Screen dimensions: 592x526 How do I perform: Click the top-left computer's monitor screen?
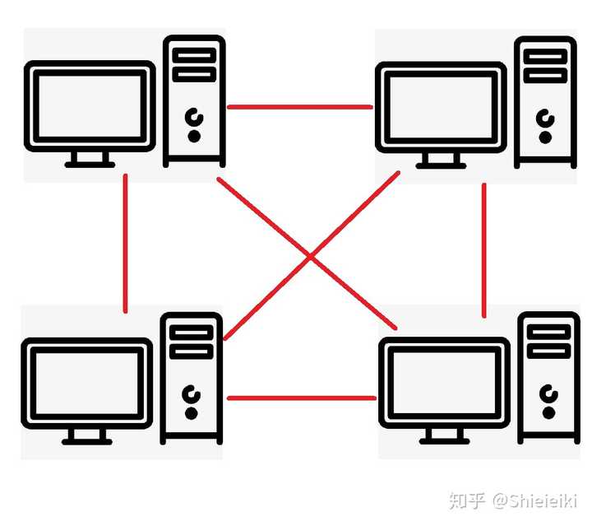[90, 106]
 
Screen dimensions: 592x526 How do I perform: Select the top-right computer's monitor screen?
[441, 107]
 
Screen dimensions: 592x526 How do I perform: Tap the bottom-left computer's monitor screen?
[87, 383]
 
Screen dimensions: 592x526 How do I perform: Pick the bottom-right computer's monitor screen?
[444, 383]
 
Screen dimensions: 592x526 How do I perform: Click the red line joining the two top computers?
[300, 107]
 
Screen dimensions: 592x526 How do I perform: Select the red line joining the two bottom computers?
[302, 398]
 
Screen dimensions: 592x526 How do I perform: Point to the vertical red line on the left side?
[125, 244]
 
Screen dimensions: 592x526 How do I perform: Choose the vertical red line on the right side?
[484, 250]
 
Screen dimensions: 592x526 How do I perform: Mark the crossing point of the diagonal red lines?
[310, 257]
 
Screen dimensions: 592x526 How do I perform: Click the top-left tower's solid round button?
[194, 137]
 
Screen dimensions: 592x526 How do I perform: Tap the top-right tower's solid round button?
[545, 137]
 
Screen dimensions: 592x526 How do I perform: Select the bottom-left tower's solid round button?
[191, 413]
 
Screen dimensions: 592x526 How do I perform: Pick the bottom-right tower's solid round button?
[548, 412]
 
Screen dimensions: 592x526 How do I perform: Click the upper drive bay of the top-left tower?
[194, 55]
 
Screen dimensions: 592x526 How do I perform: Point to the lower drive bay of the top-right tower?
[545, 76]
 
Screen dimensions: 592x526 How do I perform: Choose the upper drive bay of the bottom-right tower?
[548, 332]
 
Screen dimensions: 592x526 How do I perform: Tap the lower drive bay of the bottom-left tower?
[191, 351]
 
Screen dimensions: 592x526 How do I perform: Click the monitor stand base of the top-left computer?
[90, 165]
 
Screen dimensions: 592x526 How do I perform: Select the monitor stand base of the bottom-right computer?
[444, 441]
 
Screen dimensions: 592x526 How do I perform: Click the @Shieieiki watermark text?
[534, 501]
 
